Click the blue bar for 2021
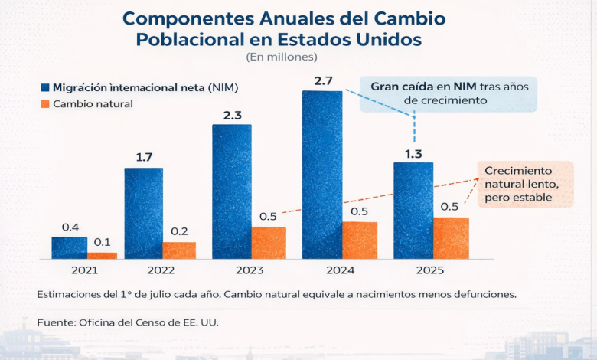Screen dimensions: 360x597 pos(69,247)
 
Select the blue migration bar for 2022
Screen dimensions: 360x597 pos(143,213)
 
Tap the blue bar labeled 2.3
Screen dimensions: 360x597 pos(231,191)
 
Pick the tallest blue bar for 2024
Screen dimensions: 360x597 pos(321,175)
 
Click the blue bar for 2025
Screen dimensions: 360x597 pos(413,211)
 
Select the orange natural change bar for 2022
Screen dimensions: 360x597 pos(179,250)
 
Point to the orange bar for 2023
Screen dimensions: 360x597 pos(269,242)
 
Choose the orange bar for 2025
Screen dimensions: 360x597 pos(451,237)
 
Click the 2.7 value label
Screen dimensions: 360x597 pos(321,80)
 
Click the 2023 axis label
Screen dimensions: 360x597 pos(250,270)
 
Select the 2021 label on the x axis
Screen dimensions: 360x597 pos(84,270)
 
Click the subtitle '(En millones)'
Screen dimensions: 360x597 pos(282,57)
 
